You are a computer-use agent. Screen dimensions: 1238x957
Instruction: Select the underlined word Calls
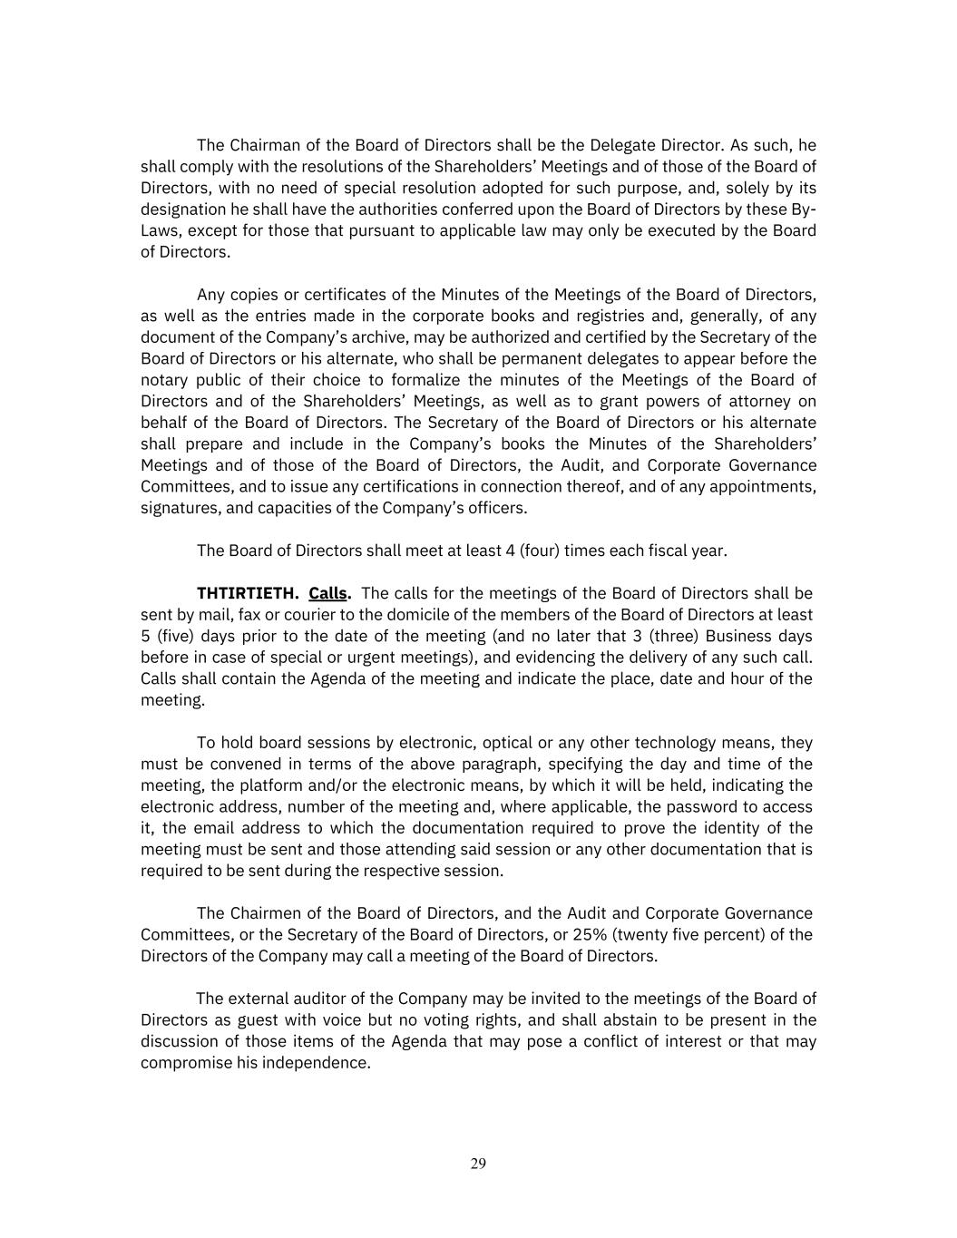(328, 593)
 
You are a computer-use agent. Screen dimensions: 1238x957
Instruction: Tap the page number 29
(478, 1164)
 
